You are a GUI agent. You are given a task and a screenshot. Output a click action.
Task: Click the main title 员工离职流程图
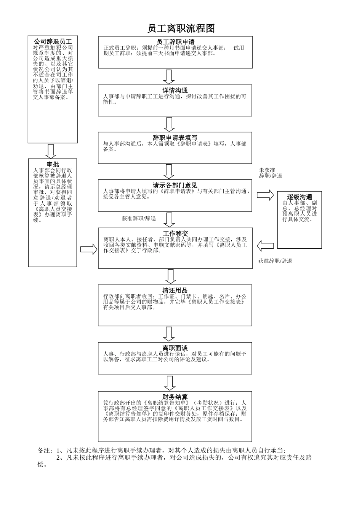(181, 29)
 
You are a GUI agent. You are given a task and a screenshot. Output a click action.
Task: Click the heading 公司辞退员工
(53, 41)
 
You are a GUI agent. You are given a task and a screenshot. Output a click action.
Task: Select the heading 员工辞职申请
(176, 42)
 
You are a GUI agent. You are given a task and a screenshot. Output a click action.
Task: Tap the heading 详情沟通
(175, 90)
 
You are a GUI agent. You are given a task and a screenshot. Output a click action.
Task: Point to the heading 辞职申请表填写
(175, 138)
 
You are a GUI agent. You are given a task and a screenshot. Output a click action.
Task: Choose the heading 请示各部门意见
(175, 186)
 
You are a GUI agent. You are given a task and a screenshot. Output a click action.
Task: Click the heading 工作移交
(176, 233)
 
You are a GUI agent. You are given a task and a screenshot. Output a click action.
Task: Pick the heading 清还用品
(175, 290)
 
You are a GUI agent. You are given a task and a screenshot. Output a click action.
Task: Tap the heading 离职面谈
(175, 348)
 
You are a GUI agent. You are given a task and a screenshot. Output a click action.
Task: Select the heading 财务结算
(175, 397)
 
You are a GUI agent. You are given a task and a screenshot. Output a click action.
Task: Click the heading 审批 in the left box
(53, 164)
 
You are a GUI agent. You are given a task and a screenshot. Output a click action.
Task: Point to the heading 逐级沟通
(300, 197)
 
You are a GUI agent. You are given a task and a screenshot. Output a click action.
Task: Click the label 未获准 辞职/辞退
(271, 173)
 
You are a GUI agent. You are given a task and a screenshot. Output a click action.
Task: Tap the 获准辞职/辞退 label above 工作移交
(139, 219)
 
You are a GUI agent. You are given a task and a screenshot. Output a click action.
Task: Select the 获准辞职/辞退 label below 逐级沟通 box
(275, 261)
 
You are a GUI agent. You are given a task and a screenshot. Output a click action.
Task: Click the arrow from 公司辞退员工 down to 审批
(51, 151)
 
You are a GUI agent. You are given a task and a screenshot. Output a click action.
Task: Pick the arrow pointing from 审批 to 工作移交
(89, 249)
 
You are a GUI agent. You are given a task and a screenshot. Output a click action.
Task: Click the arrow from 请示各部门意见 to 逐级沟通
(265, 195)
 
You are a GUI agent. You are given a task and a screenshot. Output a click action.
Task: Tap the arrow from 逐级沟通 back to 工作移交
(265, 246)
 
